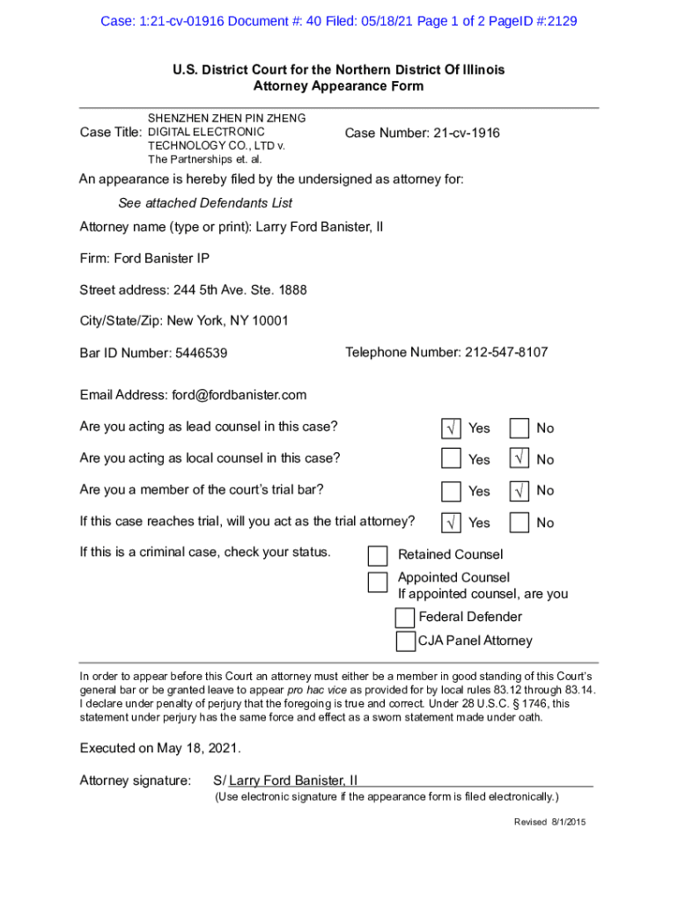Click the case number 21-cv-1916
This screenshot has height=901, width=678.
coord(466,133)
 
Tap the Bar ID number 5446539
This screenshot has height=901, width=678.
coord(202,354)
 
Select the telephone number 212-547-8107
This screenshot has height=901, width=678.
coord(505,353)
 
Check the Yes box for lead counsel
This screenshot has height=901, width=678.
coord(451,429)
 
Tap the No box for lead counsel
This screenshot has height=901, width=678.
coord(520,429)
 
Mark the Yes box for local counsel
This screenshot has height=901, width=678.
coord(451,459)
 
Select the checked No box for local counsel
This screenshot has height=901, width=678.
coord(520,459)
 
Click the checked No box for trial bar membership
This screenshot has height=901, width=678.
coord(520,490)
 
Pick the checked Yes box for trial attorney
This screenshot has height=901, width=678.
coord(451,523)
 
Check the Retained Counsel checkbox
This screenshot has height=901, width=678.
coord(378,555)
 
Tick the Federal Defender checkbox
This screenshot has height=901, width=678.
coord(405,617)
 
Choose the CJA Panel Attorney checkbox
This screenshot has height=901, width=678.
coord(405,641)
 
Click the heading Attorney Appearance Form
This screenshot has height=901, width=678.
coord(338,86)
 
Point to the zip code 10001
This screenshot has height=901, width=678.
coord(269,321)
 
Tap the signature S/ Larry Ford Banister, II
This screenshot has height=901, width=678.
coord(286,780)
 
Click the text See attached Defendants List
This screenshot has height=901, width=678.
coord(205,203)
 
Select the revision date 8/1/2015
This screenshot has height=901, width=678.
coord(568,822)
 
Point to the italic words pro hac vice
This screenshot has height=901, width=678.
coord(320,690)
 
